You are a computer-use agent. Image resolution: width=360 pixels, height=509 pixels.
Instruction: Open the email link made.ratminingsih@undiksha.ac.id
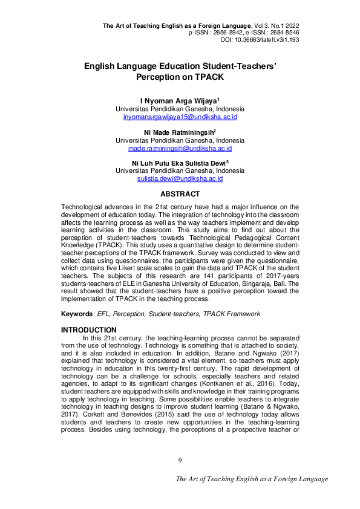[180, 148]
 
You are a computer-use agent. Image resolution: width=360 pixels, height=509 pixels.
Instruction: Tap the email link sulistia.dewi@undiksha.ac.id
[180, 179]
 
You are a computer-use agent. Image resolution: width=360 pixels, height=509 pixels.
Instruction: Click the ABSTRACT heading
[180, 194]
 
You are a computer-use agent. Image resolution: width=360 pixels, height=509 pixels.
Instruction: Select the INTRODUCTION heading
[89, 329]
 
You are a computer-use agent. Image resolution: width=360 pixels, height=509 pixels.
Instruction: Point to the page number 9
[180, 461]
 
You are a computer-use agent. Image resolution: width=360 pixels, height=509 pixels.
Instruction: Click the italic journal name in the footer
[252, 479]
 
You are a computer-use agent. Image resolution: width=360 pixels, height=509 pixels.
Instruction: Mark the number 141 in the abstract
[183, 282]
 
